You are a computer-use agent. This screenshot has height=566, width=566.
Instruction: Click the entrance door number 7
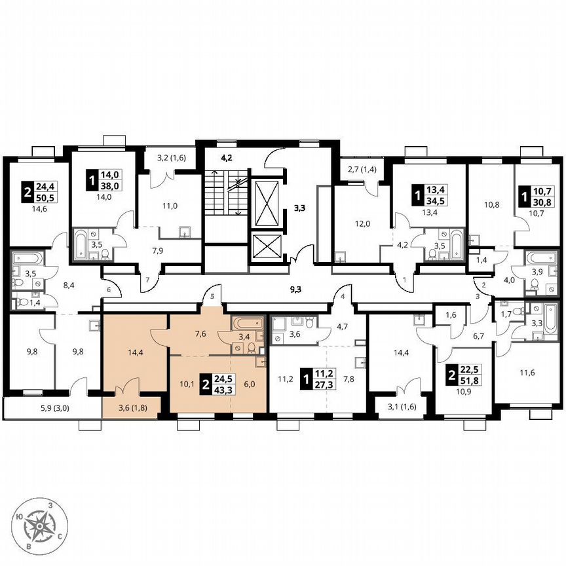tap(148, 280)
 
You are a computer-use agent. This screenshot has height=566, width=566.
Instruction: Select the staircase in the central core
tap(219, 193)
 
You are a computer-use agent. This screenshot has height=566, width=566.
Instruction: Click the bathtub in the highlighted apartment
tap(247, 323)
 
